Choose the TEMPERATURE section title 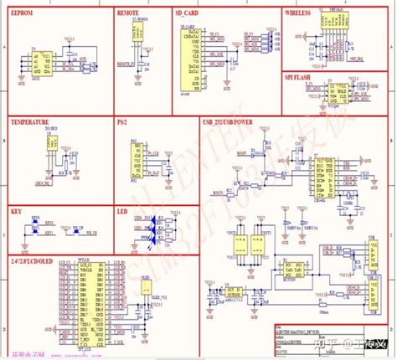pos(30,122)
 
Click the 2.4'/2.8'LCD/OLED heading pos(39,236)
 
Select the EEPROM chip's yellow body pos(38,66)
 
